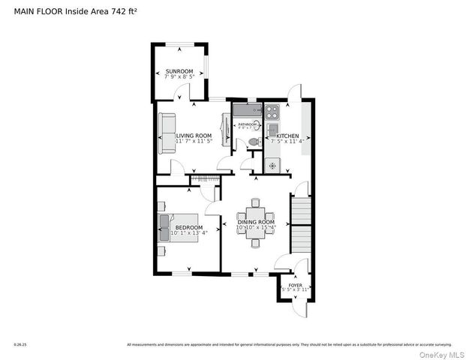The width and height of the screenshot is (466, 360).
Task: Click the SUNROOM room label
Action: point(179,70)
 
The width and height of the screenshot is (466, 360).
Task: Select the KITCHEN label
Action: point(287,136)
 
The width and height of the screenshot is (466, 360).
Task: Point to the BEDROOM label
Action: point(188,226)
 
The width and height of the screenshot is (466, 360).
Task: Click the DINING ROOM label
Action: point(256,222)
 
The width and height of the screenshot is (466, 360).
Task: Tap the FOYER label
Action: point(295,285)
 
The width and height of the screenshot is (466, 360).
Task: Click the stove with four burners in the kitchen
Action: point(272,113)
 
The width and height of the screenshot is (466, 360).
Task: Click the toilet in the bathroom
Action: point(253,141)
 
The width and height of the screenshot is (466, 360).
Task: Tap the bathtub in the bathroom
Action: point(246,111)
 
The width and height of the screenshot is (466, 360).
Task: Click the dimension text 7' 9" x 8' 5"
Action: point(179,76)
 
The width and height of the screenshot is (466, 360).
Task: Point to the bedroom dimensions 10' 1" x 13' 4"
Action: point(188,232)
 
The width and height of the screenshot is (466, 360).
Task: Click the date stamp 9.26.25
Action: point(20,345)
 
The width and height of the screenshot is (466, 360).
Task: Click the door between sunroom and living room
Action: point(182,94)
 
